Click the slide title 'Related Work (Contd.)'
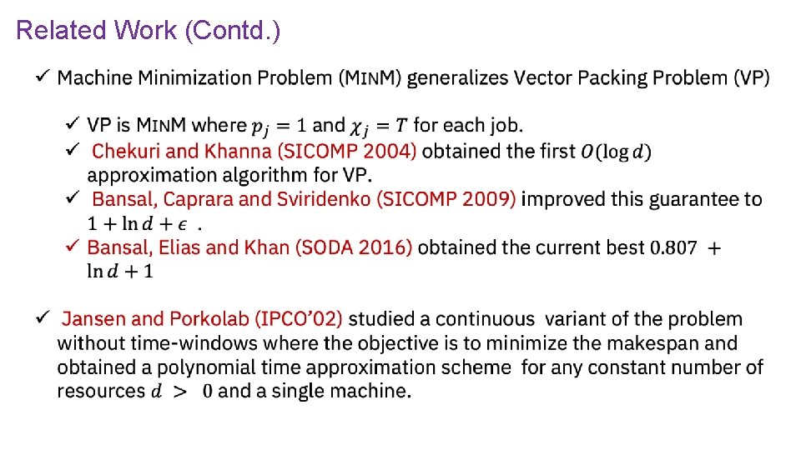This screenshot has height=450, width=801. pos(149,31)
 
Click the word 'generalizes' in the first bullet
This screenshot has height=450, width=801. pos(457,78)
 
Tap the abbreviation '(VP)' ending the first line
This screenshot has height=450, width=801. pos(752,78)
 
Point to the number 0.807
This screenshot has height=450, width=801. pos(673,248)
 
